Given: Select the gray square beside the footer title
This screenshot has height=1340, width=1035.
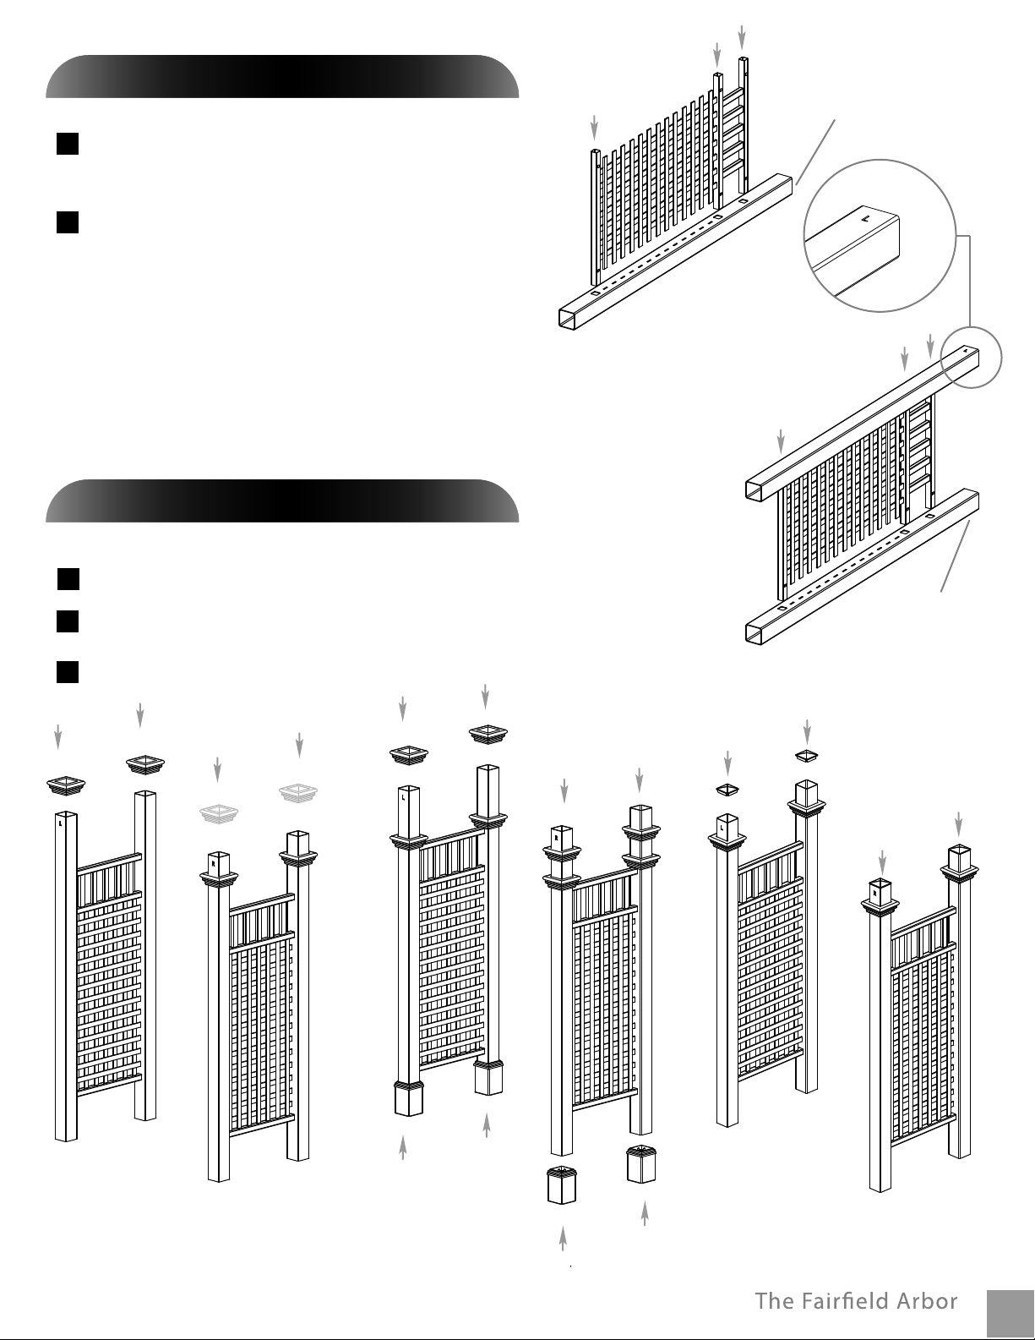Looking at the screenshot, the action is (x=1011, y=1313).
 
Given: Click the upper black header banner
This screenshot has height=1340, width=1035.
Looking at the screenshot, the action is (x=282, y=76).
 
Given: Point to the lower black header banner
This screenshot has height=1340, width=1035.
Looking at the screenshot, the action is (x=282, y=500).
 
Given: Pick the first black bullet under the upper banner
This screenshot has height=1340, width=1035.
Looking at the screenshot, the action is (x=68, y=144).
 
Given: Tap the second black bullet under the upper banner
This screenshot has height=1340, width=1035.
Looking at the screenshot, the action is (x=68, y=222).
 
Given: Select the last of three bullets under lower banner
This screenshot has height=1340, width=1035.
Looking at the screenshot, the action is (x=68, y=671).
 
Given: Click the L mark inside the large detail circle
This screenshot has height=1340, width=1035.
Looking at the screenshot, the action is (x=864, y=217).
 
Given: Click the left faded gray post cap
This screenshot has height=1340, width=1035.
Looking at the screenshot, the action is (x=219, y=813).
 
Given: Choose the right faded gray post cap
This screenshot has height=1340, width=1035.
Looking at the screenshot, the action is (x=298, y=793).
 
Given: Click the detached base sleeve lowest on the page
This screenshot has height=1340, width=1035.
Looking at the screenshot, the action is (x=562, y=1184).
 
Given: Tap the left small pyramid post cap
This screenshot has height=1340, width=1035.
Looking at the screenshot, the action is (x=727, y=790).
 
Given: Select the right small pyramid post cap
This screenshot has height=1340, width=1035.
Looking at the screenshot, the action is (x=806, y=756).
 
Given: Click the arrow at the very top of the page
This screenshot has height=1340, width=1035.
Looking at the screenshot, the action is (x=742, y=37).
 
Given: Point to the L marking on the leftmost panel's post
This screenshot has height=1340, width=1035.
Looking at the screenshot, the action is (x=60, y=823).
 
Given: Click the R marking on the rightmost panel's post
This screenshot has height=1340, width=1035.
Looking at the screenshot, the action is (x=874, y=892).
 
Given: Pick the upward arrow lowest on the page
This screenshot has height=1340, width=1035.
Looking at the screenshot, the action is (x=563, y=1239).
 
